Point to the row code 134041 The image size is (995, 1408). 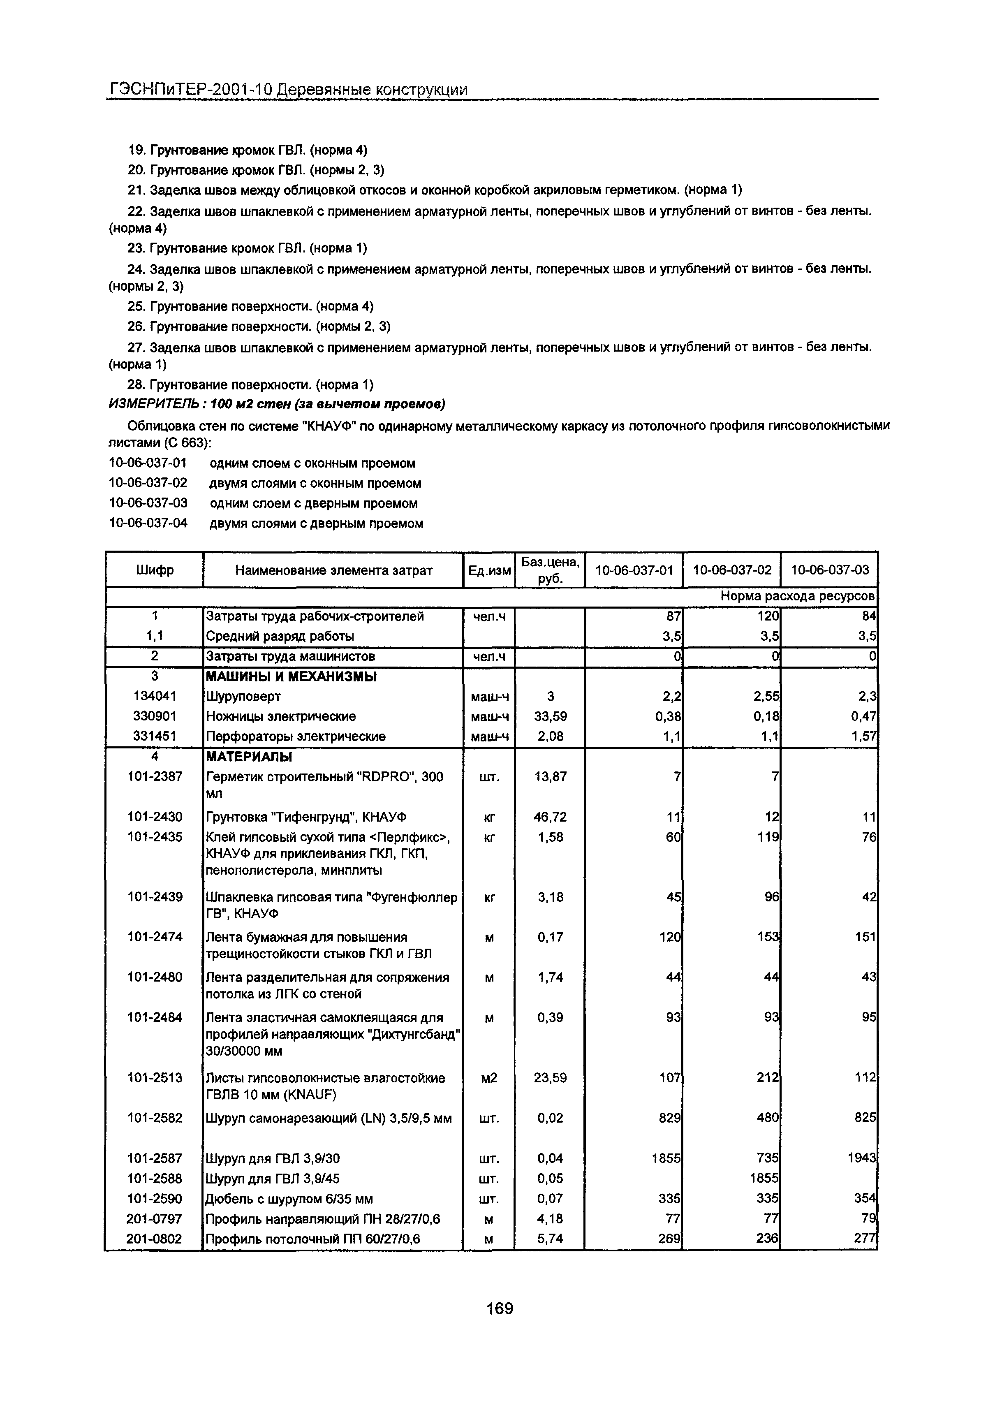point(155,696)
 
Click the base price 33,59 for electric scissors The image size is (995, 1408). point(550,716)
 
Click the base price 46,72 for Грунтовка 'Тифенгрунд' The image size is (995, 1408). point(550,817)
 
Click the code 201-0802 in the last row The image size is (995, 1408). point(155,1239)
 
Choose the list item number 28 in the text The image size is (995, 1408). point(134,384)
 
